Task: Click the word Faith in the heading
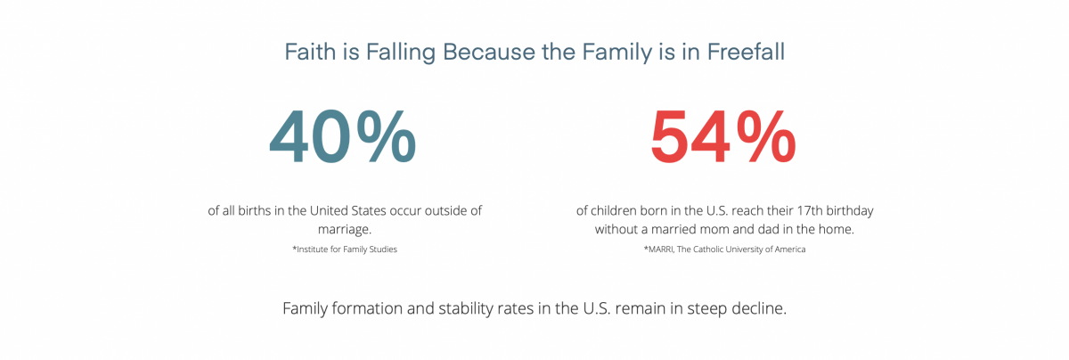click(310, 52)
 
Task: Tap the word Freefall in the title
click(746, 52)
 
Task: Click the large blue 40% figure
click(343, 137)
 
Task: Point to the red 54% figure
click(723, 137)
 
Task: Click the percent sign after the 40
click(387, 136)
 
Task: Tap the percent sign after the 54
click(766, 136)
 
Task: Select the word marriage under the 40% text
click(344, 230)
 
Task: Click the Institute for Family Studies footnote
click(345, 250)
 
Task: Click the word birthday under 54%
click(850, 211)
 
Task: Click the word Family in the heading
click(616, 53)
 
